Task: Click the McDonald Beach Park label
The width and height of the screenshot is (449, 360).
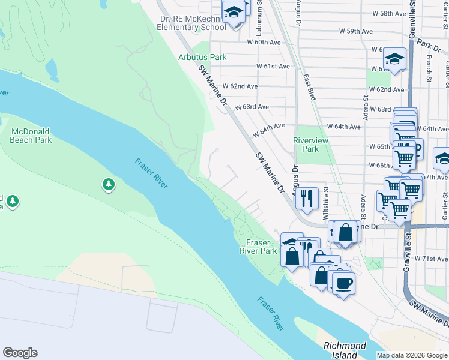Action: pyautogui.click(x=31, y=135)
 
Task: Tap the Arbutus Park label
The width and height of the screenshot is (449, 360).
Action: pyautogui.click(x=202, y=57)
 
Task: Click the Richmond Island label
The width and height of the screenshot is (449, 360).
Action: pyautogui.click(x=345, y=350)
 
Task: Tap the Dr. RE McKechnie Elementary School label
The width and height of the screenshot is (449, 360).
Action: pyautogui.click(x=192, y=23)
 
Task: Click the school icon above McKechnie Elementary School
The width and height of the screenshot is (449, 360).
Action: pyautogui.click(x=234, y=11)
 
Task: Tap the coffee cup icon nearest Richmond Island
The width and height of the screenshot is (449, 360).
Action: pyautogui.click(x=343, y=283)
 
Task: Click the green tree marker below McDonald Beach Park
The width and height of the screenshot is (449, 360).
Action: pyautogui.click(x=109, y=184)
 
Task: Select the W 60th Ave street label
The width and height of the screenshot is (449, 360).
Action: pyautogui.click(x=265, y=42)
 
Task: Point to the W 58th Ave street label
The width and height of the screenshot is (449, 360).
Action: pyautogui.click(x=390, y=13)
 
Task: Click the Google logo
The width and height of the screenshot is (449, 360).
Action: pyautogui.click(x=20, y=353)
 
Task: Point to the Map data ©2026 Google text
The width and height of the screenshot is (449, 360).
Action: pyautogui.click(x=412, y=355)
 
